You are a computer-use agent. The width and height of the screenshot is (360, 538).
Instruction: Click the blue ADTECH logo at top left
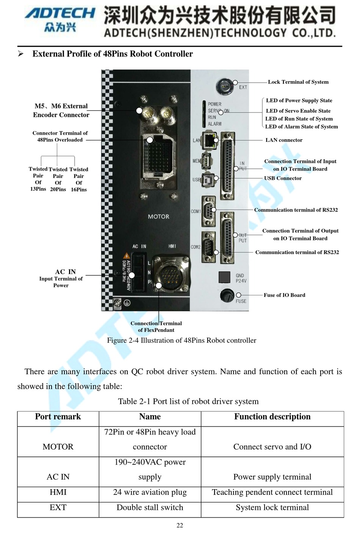[59, 14]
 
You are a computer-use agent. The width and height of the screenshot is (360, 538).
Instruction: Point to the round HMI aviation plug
[172, 273]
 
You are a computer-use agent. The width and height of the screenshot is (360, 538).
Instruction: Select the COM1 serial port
[208, 210]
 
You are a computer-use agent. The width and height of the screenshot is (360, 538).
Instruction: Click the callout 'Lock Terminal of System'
[298, 82]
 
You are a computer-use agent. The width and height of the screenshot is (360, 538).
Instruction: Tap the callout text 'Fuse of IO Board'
[284, 295]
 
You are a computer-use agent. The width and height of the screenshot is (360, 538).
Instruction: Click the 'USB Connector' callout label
[283, 178]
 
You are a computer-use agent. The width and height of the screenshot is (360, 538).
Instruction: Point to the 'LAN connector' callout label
[284, 140]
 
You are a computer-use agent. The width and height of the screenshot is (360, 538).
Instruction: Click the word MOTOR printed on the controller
[158, 216]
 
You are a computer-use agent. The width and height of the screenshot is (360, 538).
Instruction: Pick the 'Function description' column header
[272, 417]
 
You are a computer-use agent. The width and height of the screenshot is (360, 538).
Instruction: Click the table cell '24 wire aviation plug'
[150, 492]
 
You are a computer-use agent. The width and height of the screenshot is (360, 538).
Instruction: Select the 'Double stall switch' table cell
[150, 507]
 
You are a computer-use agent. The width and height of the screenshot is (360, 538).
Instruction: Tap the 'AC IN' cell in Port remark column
[58, 477]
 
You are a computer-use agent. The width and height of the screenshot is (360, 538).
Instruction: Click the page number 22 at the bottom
[180, 525]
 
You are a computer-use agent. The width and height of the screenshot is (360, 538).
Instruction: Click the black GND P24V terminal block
[224, 277]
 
